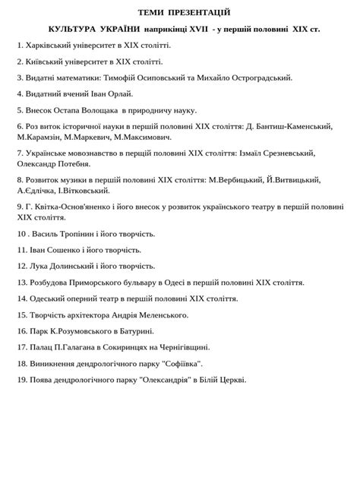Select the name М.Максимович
[145, 137]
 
